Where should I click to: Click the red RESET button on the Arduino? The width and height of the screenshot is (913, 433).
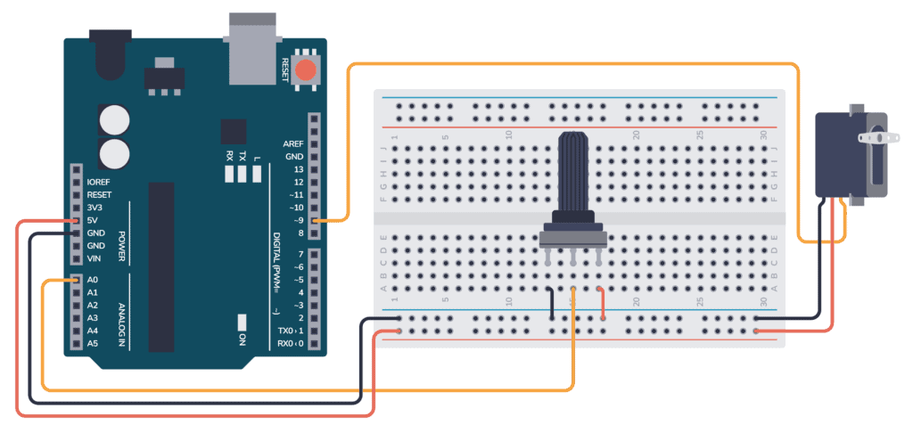click(x=307, y=71)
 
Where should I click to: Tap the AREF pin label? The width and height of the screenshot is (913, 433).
click(x=293, y=143)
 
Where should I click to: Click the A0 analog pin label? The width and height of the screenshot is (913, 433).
click(x=93, y=280)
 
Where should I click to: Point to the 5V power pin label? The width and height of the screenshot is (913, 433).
click(x=94, y=220)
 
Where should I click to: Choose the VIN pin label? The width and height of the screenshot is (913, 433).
click(x=95, y=258)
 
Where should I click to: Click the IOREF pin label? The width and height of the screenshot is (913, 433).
click(x=99, y=182)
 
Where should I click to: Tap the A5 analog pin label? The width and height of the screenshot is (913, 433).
click(x=93, y=343)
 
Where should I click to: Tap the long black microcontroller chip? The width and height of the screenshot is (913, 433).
click(x=161, y=255)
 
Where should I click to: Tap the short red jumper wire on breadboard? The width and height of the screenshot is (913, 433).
click(x=602, y=303)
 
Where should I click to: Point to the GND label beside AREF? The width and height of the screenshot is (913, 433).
click(x=294, y=156)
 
